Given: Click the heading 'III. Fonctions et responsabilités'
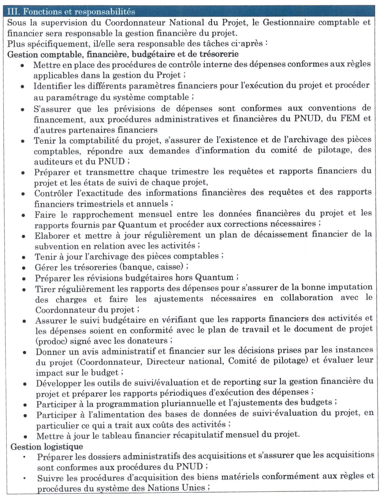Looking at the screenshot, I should [71, 12].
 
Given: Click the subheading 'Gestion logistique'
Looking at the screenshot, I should [46, 447].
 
